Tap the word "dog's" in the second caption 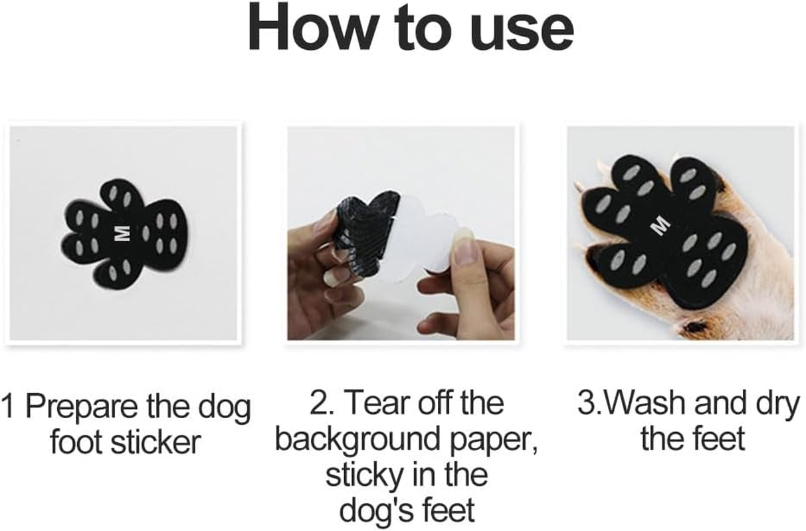pos(372,511)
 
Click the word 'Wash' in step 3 pos(641,404)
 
